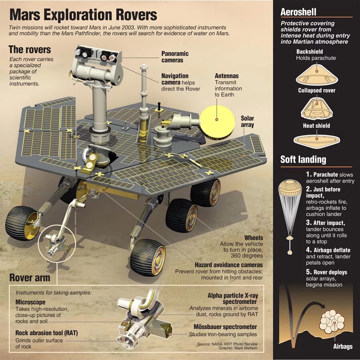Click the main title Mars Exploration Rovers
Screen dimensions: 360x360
click(83, 15)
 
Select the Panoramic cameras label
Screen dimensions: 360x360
click(175, 57)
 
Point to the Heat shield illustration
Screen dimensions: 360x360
click(316, 139)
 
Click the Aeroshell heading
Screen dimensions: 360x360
click(298, 12)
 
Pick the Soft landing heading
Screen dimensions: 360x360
click(303, 159)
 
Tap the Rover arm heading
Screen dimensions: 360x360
click(30, 278)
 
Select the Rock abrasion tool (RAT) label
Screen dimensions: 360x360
click(46, 333)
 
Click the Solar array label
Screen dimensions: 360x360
click(247, 122)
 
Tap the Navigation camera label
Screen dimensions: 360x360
click(175, 79)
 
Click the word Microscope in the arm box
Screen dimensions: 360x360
click(30, 302)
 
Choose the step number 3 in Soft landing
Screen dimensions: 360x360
click(308, 222)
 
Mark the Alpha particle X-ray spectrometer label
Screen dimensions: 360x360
click(232, 299)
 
